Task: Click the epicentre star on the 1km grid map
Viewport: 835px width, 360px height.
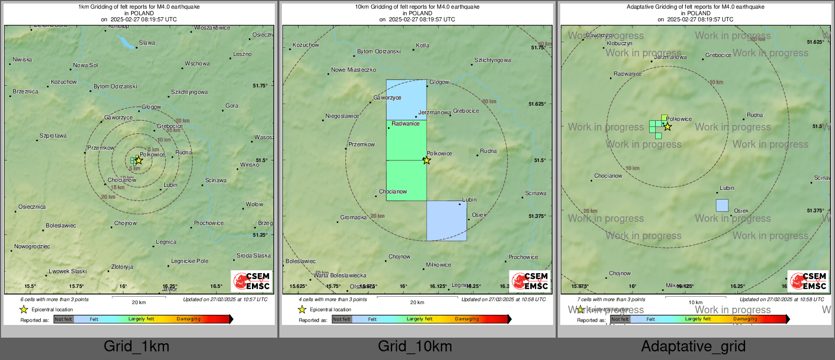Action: tap(139, 160)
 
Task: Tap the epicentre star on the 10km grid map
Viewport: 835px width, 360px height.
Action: tap(427, 160)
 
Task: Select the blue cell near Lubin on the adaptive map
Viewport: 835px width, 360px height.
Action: tap(722, 205)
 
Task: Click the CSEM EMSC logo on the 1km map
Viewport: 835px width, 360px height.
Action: tap(251, 281)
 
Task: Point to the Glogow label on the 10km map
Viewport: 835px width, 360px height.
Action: tap(439, 82)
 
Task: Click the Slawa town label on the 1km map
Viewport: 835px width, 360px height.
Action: tap(147, 43)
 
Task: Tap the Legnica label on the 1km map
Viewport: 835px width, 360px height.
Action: tap(166, 242)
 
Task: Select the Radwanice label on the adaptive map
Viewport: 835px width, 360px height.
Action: tap(627, 74)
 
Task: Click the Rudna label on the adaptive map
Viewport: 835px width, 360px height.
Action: tap(755, 115)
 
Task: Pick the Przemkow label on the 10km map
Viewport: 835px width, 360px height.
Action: tap(361, 145)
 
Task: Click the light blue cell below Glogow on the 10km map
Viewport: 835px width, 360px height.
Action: tap(406, 100)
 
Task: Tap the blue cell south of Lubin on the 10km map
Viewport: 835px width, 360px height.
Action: tap(446, 220)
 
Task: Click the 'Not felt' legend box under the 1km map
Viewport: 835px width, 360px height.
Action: tap(63, 319)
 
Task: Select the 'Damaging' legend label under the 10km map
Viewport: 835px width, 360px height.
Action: tap(467, 319)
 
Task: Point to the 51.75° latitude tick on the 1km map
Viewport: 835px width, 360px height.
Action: tap(260, 86)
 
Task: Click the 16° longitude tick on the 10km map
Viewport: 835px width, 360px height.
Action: tap(403, 286)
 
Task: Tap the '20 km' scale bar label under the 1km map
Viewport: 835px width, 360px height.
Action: tap(139, 303)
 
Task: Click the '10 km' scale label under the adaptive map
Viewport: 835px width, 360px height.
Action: tap(695, 303)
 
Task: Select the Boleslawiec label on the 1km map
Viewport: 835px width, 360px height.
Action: tap(61, 225)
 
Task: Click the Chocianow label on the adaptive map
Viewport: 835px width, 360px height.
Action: tap(608, 176)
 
